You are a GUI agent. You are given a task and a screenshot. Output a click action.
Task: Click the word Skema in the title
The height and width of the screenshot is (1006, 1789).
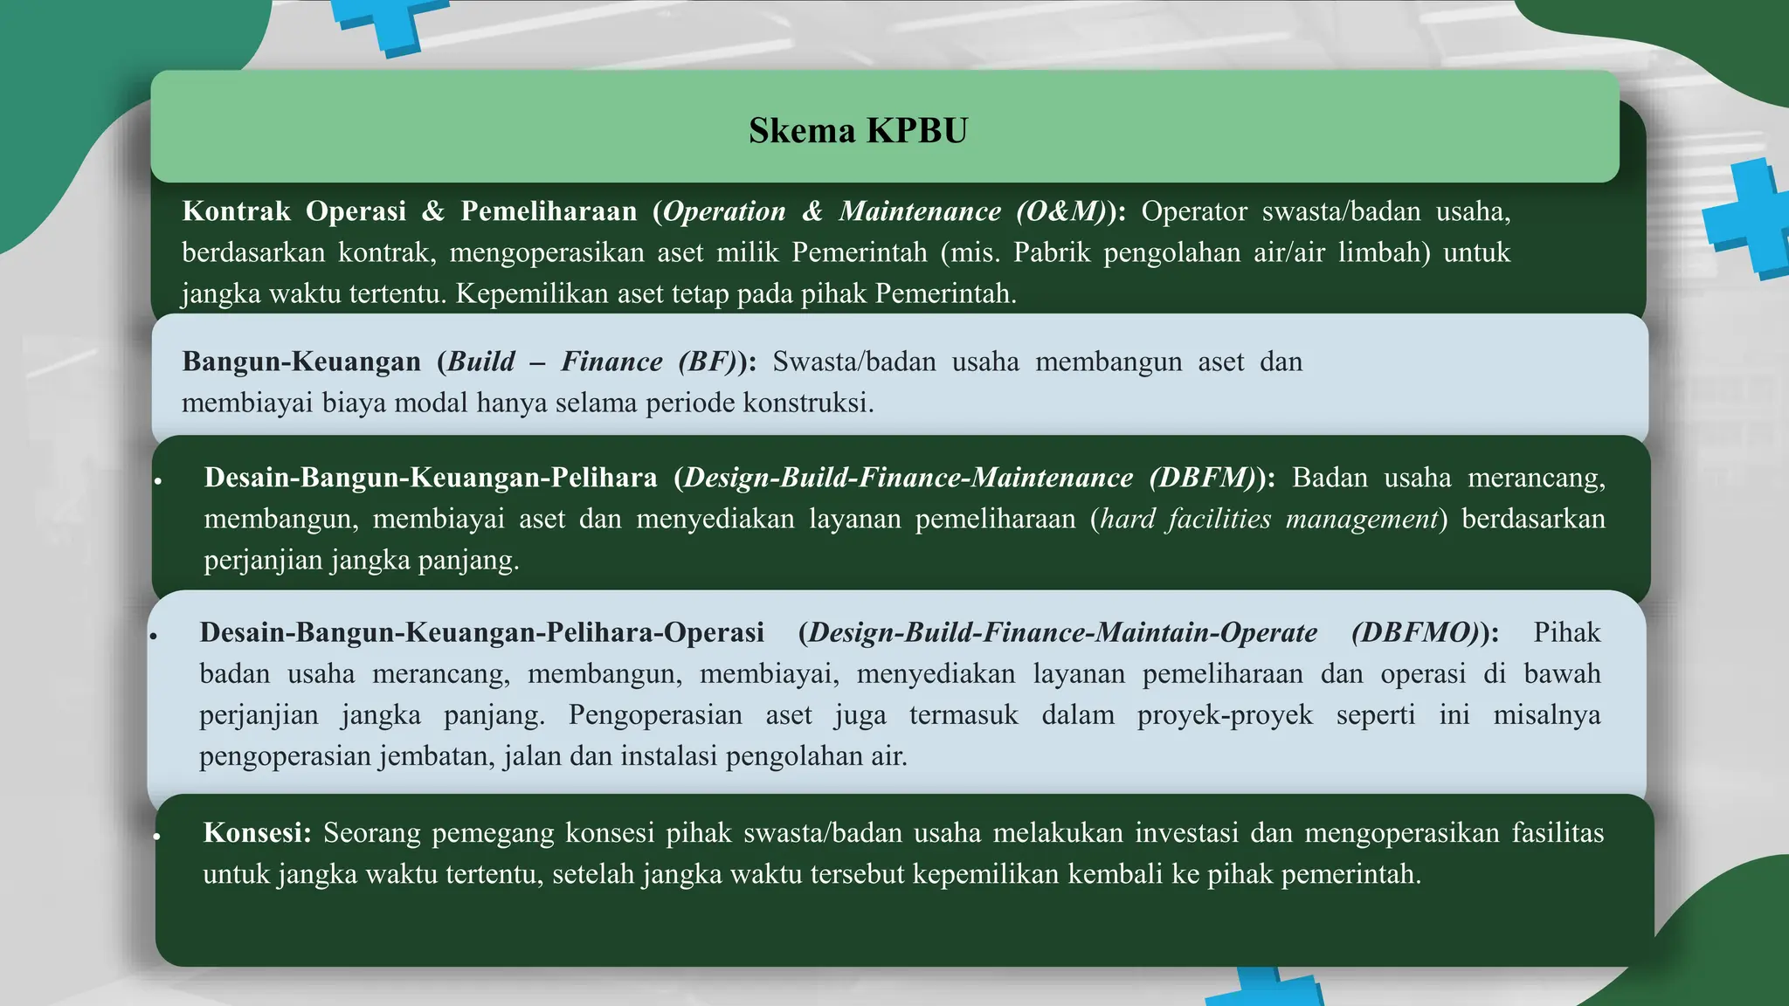(802, 131)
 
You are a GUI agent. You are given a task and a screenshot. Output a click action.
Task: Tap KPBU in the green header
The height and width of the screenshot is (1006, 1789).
(918, 131)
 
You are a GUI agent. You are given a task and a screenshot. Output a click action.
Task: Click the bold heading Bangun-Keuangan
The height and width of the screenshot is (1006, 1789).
(301, 362)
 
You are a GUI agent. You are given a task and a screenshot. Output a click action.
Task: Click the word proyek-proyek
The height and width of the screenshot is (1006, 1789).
(1225, 714)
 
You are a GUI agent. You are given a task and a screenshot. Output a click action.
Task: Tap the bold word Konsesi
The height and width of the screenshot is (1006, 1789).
(257, 833)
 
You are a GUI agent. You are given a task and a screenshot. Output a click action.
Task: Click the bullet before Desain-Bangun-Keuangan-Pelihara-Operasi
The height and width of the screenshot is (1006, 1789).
(153, 636)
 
